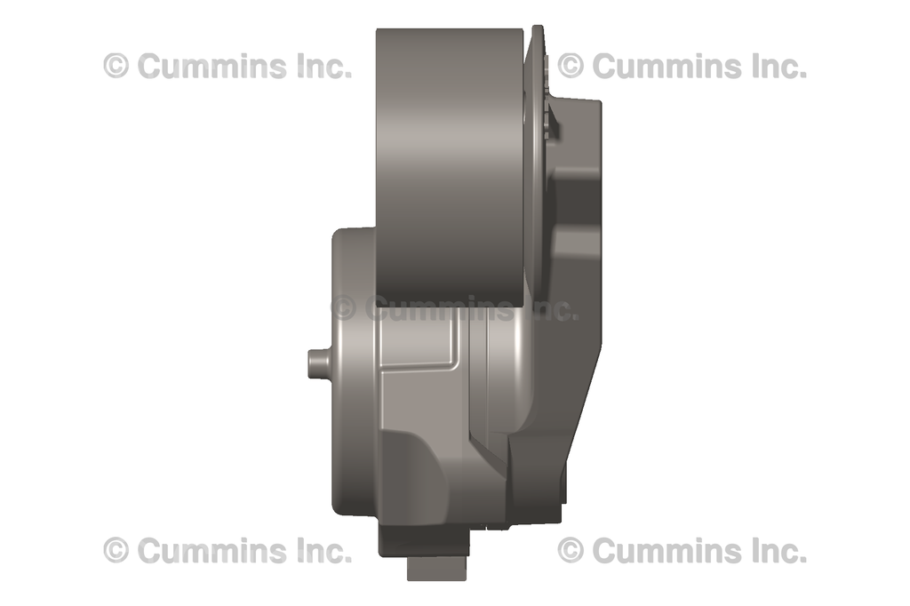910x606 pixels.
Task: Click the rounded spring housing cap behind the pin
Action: coord(352,373)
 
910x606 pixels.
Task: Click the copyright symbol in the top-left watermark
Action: coord(116,66)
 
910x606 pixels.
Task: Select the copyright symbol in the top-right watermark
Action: coord(571,66)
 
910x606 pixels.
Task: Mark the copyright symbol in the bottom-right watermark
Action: coord(571,551)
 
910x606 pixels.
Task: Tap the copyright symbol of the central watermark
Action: coord(344,308)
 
